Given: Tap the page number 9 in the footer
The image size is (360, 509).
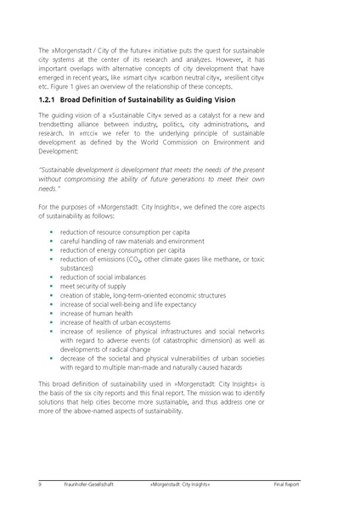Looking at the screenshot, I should [40, 484].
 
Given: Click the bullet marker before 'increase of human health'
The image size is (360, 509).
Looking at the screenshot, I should [52, 314].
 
